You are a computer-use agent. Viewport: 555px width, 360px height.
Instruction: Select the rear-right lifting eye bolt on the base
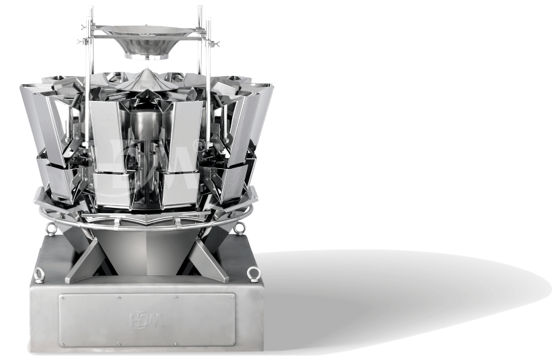click(239, 228)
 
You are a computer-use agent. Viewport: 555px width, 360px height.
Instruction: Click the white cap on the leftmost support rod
click(90, 9)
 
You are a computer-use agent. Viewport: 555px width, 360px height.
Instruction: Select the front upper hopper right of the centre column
click(184, 135)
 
